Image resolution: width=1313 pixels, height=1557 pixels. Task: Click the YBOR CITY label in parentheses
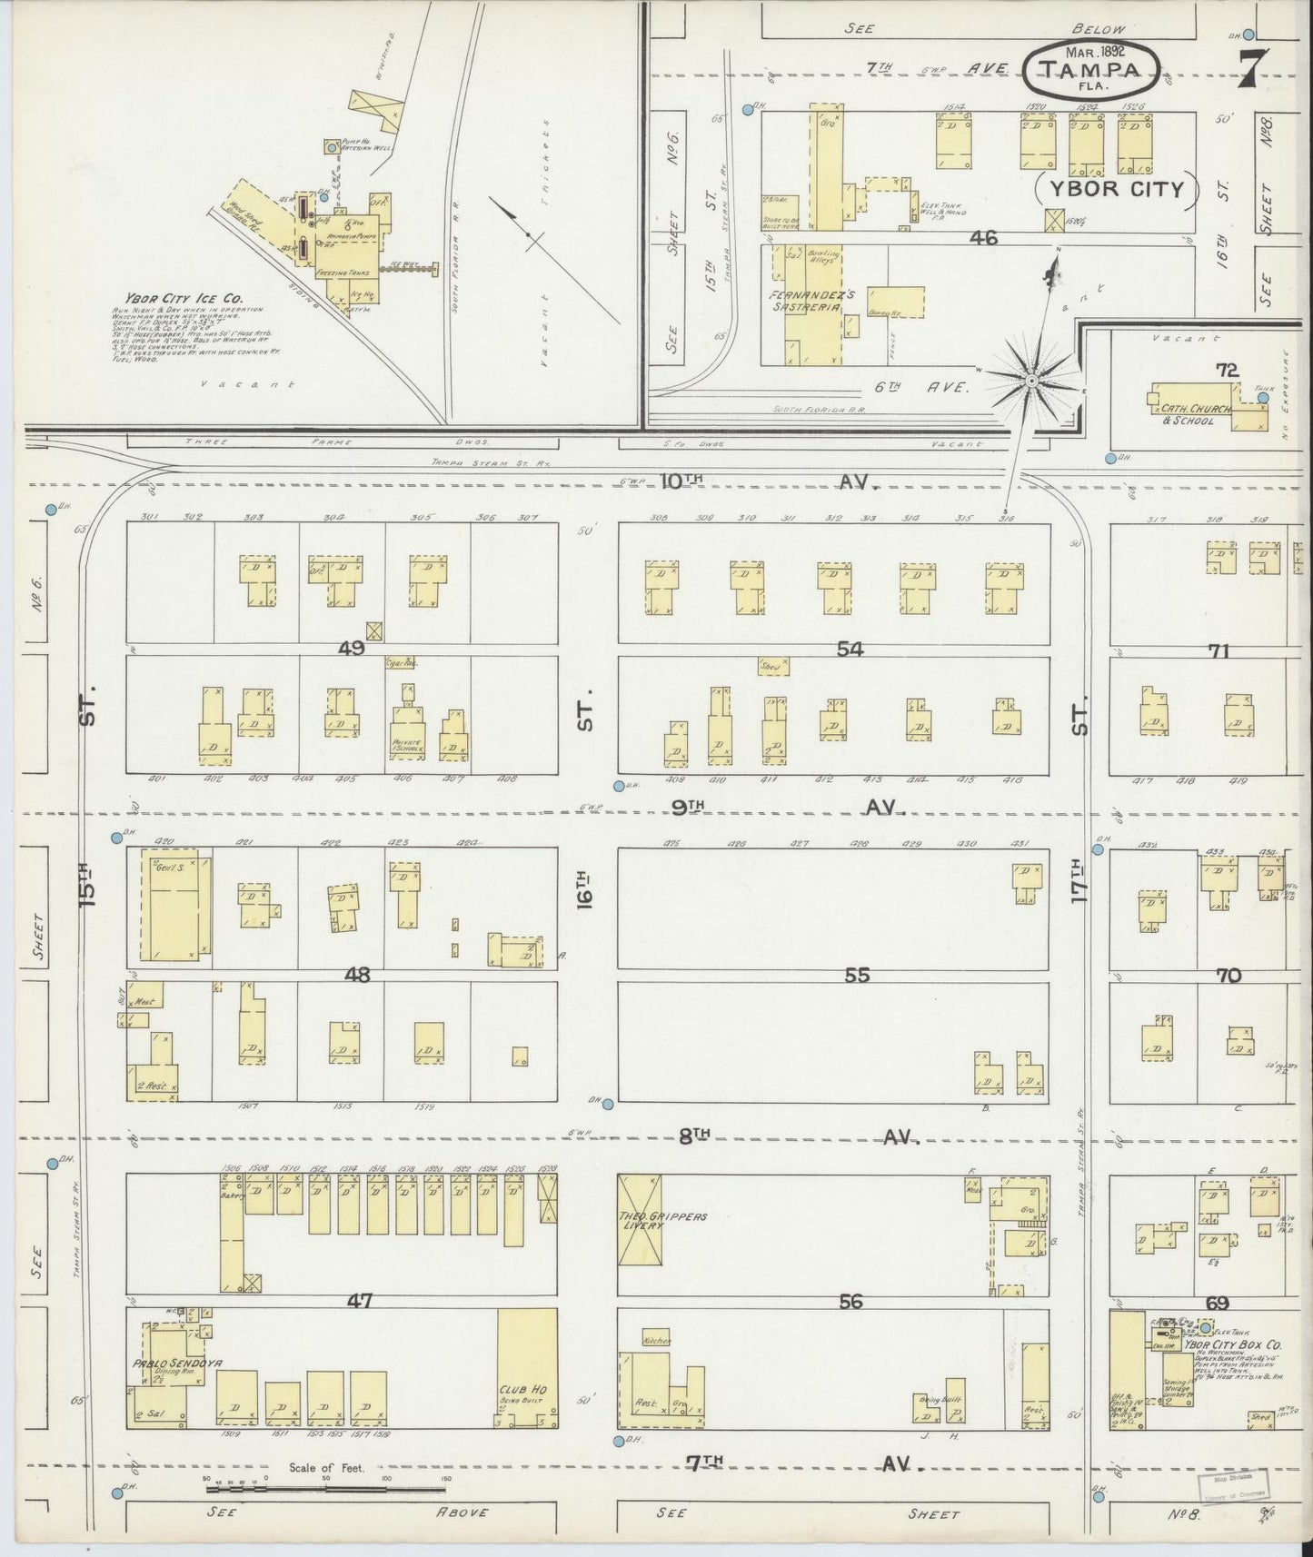pos(1118,189)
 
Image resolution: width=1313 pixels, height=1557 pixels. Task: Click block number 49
pos(351,648)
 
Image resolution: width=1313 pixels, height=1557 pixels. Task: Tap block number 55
pos(856,975)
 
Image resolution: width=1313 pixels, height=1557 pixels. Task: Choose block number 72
pos(1227,370)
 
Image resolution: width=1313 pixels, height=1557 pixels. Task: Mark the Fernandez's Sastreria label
pos(807,302)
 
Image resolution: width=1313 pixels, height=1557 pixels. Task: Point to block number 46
pos(983,238)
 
